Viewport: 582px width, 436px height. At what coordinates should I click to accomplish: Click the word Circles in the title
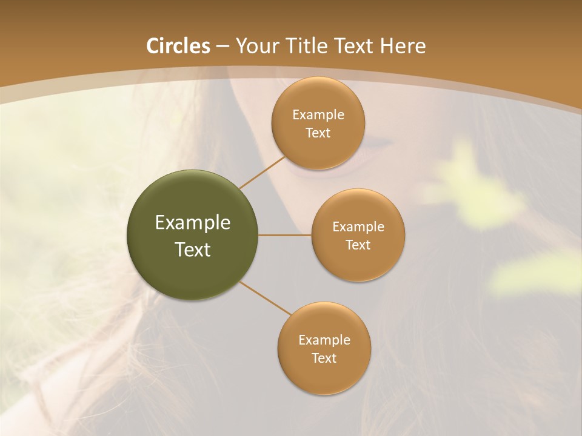coord(178,46)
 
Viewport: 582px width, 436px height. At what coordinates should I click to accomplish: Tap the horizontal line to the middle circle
coord(285,235)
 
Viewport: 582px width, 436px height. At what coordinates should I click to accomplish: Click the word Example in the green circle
coord(193,223)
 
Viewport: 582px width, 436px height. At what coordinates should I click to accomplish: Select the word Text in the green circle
coord(193,249)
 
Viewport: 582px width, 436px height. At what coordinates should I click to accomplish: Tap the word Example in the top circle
coord(318,115)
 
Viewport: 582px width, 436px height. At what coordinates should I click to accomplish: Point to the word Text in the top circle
coord(318,133)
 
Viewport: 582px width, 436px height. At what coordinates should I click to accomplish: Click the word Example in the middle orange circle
coord(358,227)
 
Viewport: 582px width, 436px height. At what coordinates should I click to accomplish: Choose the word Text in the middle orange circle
coord(358,245)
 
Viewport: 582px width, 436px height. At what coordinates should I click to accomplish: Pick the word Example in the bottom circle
coord(324,340)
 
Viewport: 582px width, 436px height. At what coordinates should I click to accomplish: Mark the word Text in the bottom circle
coord(324,358)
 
